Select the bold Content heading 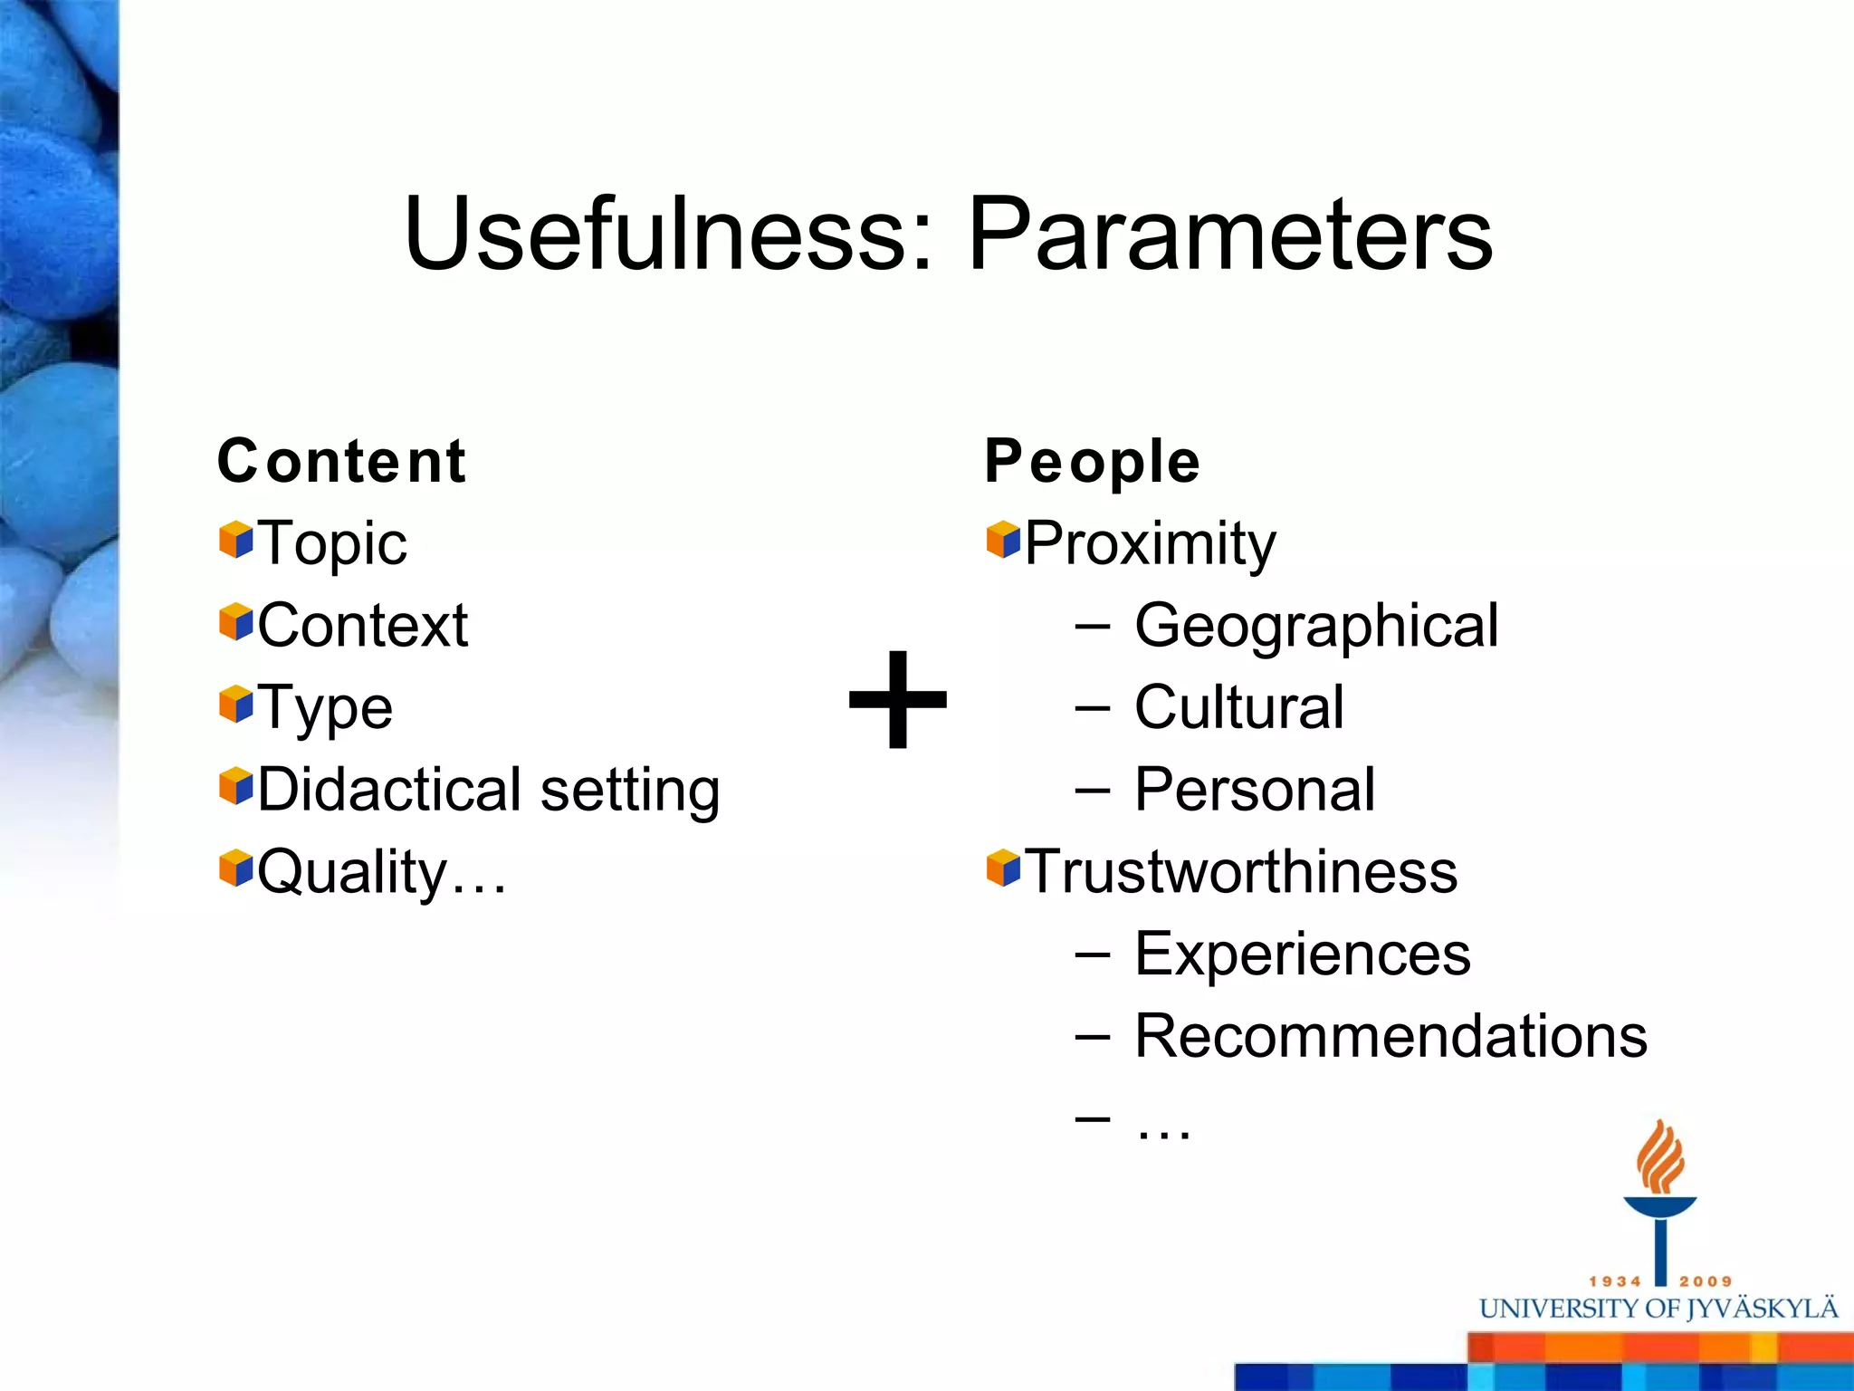(x=341, y=461)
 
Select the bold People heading (x=1092, y=462)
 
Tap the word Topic (x=332, y=543)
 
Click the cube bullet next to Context (x=235, y=622)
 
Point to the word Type (x=325, y=708)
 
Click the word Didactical (x=390, y=789)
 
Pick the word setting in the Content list (x=630, y=791)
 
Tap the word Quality (x=353, y=872)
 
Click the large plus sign (x=897, y=699)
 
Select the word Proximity (x=1150, y=543)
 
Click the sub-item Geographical (x=1316, y=626)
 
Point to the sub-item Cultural (x=1238, y=707)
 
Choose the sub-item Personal (x=1254, y=790)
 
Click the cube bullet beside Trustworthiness (x=1003, y=868)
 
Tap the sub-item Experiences (x=1302, y=954)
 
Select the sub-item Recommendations (x=1390, y=1036)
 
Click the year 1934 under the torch (x=1615, y=1281)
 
